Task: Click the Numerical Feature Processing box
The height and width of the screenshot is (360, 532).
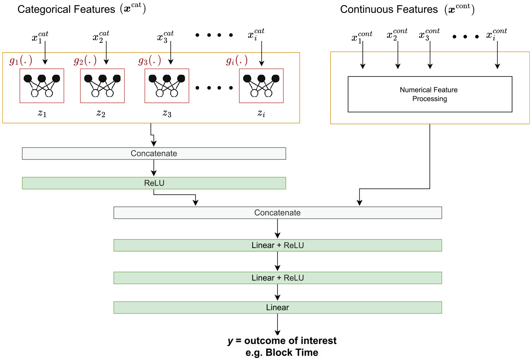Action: [430, 94]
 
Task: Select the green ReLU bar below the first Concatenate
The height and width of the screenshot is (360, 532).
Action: [154, 183]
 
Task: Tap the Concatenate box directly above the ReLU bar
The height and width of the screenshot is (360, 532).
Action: [154, 154]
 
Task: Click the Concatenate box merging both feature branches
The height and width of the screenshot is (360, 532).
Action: [277, 213]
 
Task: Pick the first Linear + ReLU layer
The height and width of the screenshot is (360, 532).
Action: [277, 245]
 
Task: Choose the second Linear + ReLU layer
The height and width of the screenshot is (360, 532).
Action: [277, 278]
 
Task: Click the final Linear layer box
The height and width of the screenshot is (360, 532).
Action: [277, 307]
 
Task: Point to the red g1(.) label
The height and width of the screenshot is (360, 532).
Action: [21, 60]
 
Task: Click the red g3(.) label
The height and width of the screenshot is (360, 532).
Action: [150, 60]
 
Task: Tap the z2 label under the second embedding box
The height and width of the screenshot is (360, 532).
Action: [101, 113]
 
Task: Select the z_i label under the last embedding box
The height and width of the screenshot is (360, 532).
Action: [261, 113]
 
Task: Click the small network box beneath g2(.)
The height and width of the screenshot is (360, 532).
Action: [103, 86]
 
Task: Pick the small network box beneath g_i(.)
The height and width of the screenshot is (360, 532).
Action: [261, 86]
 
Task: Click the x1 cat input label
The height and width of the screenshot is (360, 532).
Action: [40, 37]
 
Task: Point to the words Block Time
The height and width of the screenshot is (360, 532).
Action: [292, 353]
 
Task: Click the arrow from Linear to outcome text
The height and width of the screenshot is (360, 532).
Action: [277, 325]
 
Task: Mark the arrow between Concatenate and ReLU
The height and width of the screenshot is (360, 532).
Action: [154, 168]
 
